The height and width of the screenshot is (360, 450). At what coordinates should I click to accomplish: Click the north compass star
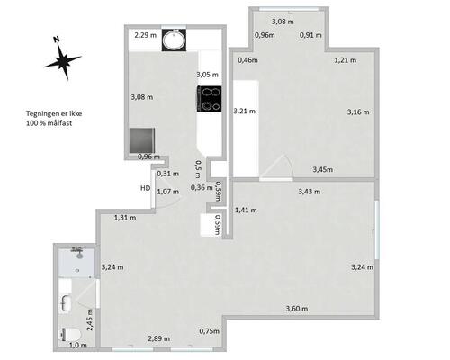pyautogui.click(x=63, y=61)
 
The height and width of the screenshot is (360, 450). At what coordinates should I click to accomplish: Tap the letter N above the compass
pyautogui.click(x=56, y=39)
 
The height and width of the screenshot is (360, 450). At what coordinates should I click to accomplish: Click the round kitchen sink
pyautogui.click(x=174, y=40)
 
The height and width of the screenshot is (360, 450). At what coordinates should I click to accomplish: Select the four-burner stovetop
pyautogui.click(x=210, y=99)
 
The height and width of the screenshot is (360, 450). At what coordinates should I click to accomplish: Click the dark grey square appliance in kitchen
pyautogui.click(x=142, y=140)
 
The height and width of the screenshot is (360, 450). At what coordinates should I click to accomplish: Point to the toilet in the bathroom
pyautogui.click(x=71, y=335)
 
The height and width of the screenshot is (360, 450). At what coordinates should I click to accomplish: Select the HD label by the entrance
pyautogui.click(x=146, y=188)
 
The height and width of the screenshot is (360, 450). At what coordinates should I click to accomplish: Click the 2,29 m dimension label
pyautogui.click(x=146, y=35)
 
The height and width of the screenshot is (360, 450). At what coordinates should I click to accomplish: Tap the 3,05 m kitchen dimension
pyautogui.click(x=207, y=75)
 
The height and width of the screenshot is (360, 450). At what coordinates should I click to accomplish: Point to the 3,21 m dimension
pyautogui.click(x=245, y=111)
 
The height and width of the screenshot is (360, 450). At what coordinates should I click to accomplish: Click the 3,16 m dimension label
pyautogui.click(x=358, y=112)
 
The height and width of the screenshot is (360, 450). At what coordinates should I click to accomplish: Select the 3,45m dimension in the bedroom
pyautogui.click(x=323, y=169)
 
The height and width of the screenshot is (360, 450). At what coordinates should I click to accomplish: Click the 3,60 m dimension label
pyautogui.click(x=297, y=309)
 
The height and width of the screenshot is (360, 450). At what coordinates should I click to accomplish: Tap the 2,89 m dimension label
pyautogui.click(x=159, y=338)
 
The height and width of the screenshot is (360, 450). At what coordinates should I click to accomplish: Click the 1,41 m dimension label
pyautogui.click(x=246, y=210)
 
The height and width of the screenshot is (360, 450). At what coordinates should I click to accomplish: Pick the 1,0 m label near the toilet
pyautogui.click(x=78, y=346)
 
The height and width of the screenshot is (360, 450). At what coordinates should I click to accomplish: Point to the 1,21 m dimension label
pyautogui.click(x=346, y=60)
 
